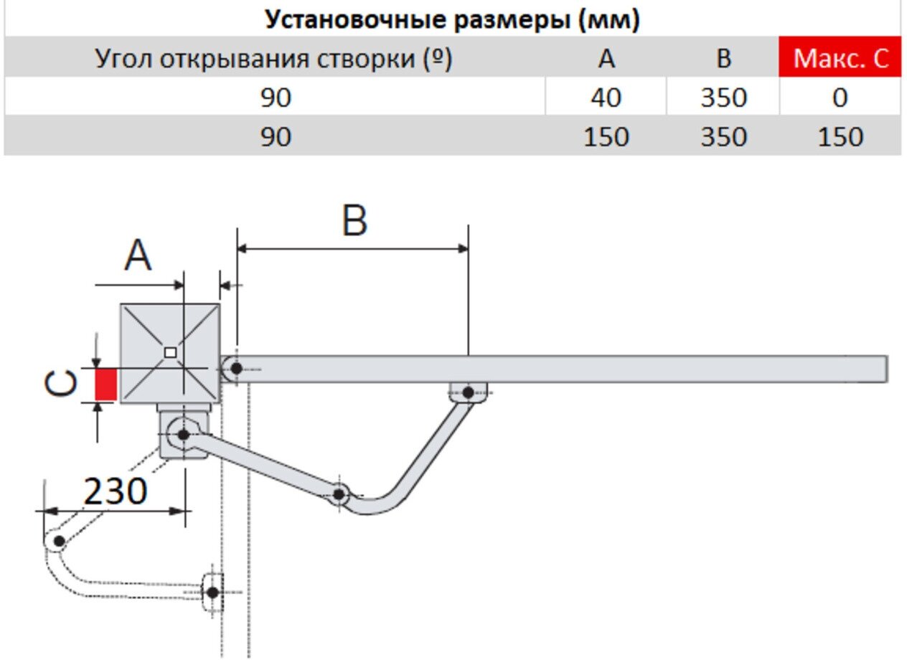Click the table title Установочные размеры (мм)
pos(452,19)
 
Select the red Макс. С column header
pos(840,58)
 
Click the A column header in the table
pos(606,58)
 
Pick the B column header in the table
pos(723,58)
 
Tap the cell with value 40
pos(606,97)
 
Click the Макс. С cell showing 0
pos(840,97)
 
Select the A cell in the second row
pos(606,136)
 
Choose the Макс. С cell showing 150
pos(840,136)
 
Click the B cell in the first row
pos(723,97)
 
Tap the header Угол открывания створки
pos(274,58)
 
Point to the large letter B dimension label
pos(354,221)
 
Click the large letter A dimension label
pos(138,256)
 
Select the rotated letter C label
pos(60,385)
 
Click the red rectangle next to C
pos(105,385)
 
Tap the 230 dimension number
pos(115,492)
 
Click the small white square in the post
pos(170,352)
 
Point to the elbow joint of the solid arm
pos(339,494)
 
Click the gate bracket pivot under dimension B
pos(468,392)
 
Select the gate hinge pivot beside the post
pos(235,369)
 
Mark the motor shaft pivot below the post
pos(183,434)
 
